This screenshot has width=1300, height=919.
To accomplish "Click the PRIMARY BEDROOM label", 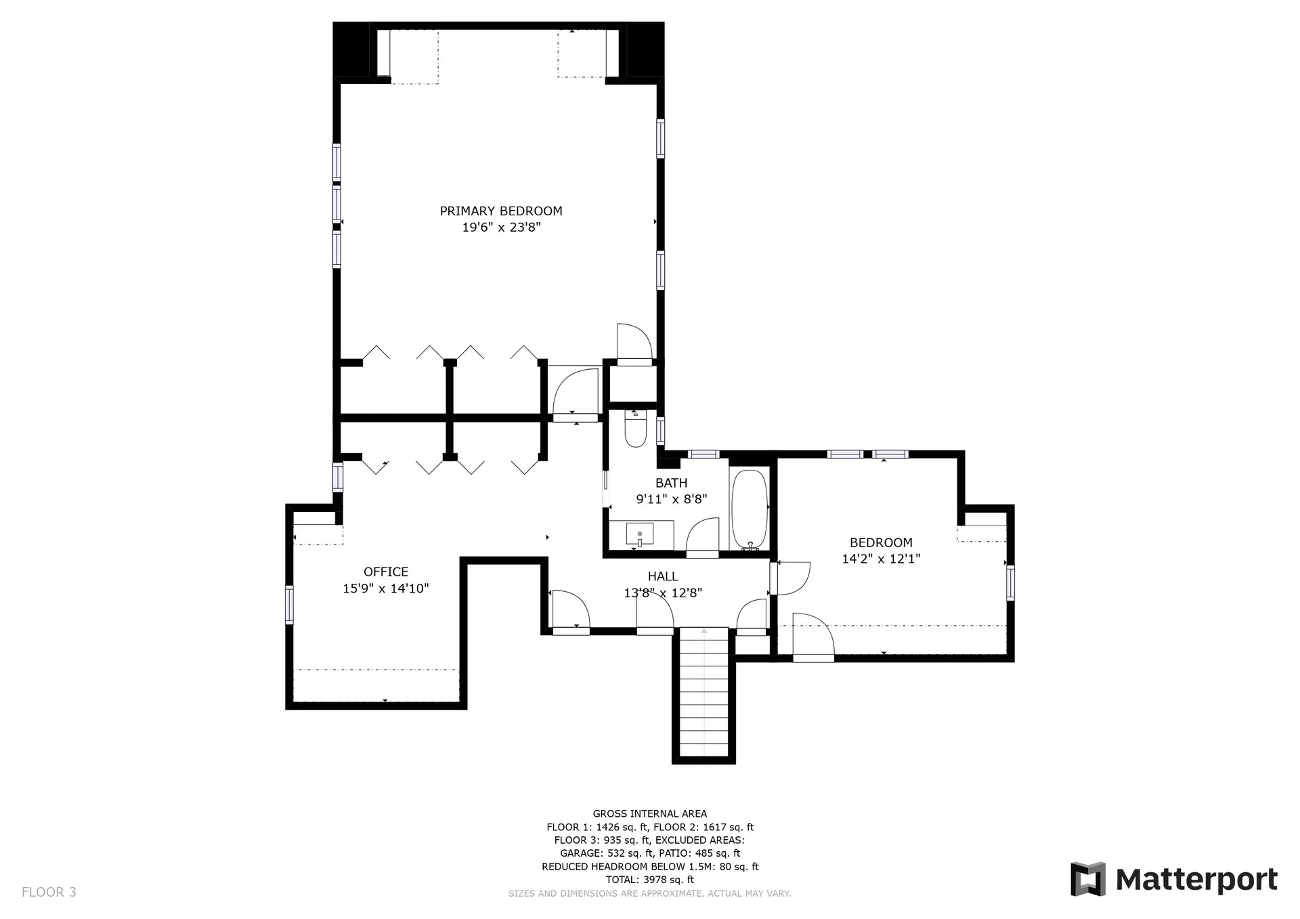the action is (x=501, y=211).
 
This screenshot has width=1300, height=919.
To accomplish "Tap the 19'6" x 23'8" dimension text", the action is (x=501, y=228).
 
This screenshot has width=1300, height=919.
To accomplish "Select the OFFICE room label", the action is (x=386, y=572).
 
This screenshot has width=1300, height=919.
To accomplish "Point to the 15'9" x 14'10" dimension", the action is (x=386, y=589).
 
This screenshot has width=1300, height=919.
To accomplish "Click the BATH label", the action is (x=672, y=484).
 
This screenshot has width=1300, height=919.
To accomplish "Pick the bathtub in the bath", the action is (x=750, y=509).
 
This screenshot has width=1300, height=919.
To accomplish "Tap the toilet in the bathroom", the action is (x=635, y=429).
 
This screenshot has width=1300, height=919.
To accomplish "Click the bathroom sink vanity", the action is (x=641, y=535).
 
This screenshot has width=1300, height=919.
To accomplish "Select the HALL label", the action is (x=663, y=576).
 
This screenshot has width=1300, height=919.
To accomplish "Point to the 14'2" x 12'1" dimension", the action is (x=881, y=559).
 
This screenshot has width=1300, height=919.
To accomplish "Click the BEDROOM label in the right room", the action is (x=881, y=543).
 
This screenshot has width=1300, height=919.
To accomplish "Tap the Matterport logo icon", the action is (x=1088, y=879).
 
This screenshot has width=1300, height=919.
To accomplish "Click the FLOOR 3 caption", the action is (x=49, y=892).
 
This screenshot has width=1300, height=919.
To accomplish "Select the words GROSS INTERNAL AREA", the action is (x=650, y=814).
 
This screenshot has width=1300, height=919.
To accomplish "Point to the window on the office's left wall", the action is (x=289, y=605).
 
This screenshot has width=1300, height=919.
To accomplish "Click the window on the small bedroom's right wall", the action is (x=1010, y=583).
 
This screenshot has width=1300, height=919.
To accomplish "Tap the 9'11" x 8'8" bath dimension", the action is (x=672, y=500).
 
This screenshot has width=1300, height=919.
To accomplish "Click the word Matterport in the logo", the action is (x=1196, y=880).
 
